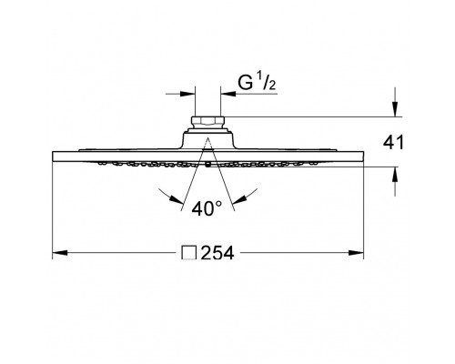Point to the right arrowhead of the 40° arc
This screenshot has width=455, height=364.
coord(248,197)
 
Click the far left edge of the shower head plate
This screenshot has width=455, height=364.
coord(52,159)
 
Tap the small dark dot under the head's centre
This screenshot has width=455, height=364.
coord(208,166)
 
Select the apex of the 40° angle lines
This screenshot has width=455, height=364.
coord(207,138)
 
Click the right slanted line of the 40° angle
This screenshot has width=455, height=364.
coord(222,181)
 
